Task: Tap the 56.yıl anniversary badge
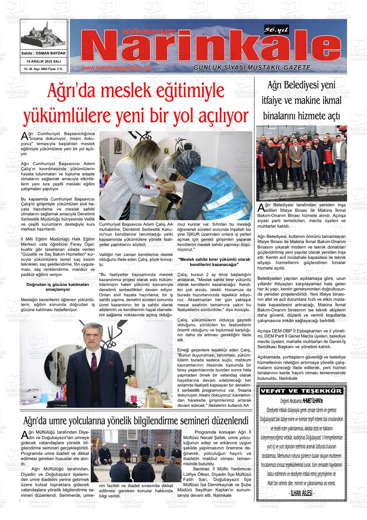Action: point(276,30)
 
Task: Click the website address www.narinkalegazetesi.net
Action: point(117,68)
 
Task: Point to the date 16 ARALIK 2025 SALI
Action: point(43,61)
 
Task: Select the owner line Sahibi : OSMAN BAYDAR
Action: point(43,53)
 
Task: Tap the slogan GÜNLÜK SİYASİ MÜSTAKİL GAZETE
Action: point(252,68)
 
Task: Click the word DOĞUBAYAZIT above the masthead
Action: point(149,32)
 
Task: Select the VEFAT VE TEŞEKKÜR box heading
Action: point(301,391)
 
